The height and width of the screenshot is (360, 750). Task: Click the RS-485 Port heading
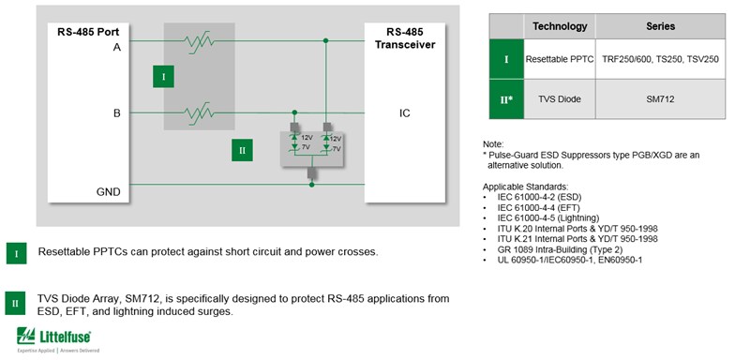(90, 30)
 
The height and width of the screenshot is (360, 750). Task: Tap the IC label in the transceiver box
(404, 113)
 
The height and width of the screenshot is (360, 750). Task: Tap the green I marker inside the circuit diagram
(163, 76)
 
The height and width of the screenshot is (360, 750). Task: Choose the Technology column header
(560, 26)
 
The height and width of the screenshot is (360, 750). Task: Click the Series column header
(660, 26)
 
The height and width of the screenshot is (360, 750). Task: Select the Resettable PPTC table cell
(560, 59)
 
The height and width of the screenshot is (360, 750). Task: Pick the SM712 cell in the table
(660, 98)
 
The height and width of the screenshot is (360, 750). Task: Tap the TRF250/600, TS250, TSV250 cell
(660, 59)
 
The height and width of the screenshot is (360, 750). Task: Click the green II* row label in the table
(506, 98)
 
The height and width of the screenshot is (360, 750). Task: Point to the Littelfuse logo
(58, 338)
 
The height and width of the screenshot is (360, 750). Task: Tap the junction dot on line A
(326, 41)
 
